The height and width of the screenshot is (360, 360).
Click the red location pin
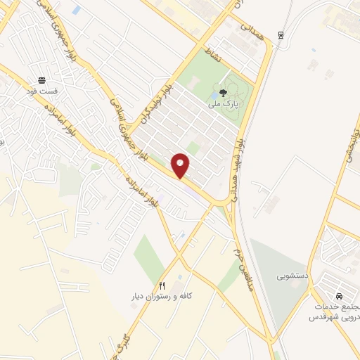(181, 165)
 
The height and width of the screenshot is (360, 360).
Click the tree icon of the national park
(224, 92)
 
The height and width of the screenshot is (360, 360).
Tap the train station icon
(281, 35)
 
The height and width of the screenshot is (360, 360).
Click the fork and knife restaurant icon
(162, 285)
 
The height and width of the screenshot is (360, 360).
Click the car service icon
(340, 296)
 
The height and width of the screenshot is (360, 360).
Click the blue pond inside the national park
(214, 96)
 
